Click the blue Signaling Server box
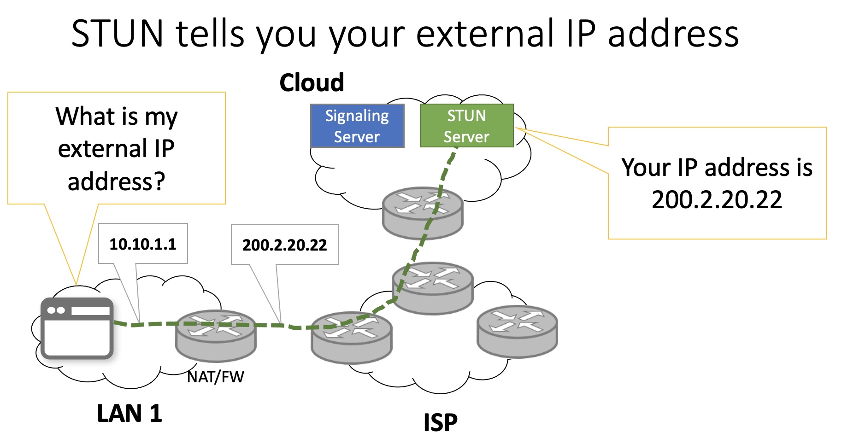pyautogui.click(x=357, y=126)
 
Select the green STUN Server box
pyautogui.click(x=466, y=126)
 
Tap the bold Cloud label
pyautogui.click(x=312, y=83)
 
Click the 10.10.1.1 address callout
pyautogui.click(x=143, y=244)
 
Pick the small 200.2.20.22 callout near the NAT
pyautogui.click(x=284, y=245)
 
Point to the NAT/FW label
pyautogui.click(x=216, y=377)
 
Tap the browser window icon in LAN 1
pyautogui.click(x=77, y=328)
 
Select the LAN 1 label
pyautogui.click(x=130, y=413)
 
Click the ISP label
pyautogui.click(x=440, y=422)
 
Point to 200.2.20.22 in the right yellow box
pyautogui.click(x=717, y=199)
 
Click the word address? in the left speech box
pyautogui.click(x=116, y=181)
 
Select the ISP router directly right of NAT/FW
pyautogui.click(x=351, y=337)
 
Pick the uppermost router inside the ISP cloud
pyautogui.click(x=432, y=287)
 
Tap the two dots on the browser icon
pyautogui.click(x=56, y=310)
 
